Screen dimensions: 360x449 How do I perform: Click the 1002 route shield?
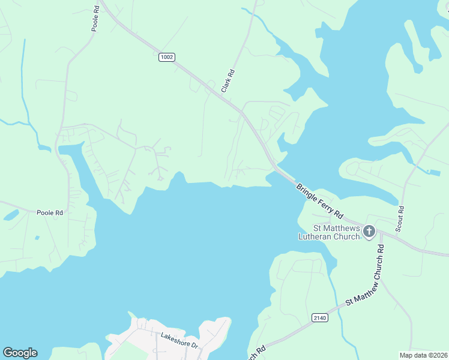[167, 57]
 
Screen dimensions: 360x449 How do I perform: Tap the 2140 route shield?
[320, 317]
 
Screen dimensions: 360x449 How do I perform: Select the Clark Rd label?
[228, 80]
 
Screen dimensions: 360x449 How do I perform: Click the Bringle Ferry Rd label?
[320, 201]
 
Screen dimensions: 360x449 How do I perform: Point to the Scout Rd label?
[400, 219]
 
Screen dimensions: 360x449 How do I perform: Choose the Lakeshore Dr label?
[179, 340]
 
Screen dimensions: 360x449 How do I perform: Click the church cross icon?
[369, 231]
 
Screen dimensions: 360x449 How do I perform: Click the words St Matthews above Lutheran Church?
[336, 228]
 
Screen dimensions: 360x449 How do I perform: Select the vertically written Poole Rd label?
[95, 19]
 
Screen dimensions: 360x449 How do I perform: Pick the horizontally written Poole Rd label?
[50, 212]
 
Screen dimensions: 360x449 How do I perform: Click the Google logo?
[20, 353]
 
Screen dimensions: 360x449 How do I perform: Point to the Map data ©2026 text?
[423, 355]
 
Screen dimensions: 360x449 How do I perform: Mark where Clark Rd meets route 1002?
[241, 111]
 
